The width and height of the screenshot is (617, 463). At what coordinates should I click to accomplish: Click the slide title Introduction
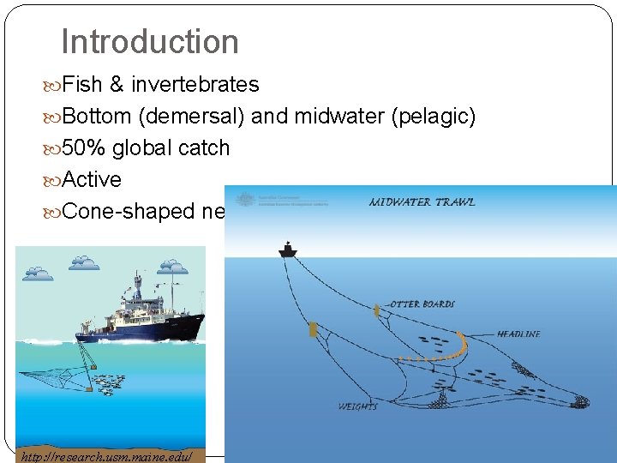[150, 41]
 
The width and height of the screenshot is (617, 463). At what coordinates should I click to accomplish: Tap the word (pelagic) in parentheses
[433, 116]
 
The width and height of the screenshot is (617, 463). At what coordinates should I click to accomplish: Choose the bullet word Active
[92, 179]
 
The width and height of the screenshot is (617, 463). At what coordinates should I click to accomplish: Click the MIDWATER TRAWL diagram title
[422, 202]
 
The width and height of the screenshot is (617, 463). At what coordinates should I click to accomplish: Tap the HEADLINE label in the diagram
[518, 334]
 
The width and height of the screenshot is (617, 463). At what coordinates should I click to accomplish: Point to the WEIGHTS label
[357, 406]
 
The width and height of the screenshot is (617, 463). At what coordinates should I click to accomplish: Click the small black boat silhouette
[286, 250]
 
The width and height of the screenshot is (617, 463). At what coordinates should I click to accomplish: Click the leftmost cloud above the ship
[38, 273]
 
